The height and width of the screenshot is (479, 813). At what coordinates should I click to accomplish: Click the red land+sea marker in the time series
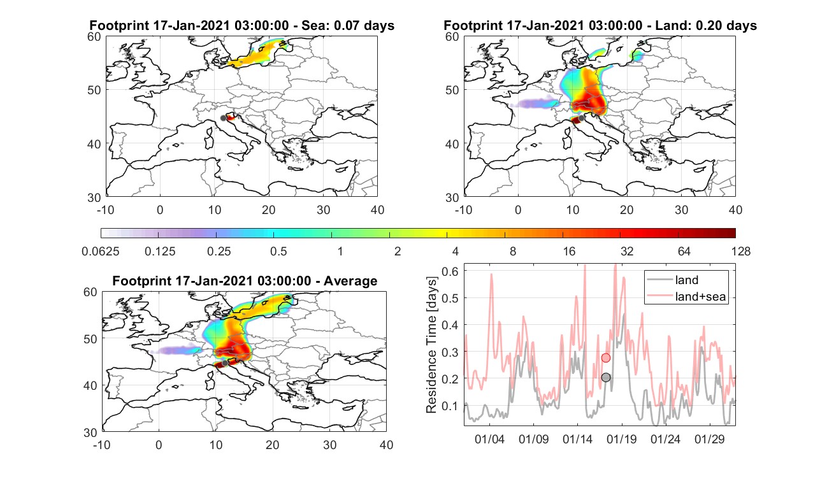click(606, 358)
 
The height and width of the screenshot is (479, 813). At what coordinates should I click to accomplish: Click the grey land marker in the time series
click(606, 377)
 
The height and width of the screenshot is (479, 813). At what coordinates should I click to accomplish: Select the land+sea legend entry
click(686, 296)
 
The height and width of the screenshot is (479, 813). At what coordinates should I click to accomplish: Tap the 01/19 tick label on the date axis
click(622, 439)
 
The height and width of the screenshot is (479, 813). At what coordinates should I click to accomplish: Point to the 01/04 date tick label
click(489, 439)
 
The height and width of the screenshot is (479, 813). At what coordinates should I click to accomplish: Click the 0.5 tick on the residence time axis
click(450, 298)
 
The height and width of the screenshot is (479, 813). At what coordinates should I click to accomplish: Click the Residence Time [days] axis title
click(431, 345)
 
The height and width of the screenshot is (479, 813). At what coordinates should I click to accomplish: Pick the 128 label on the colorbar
click(741, 251)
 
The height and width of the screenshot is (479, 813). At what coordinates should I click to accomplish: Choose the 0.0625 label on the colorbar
click(101, 251)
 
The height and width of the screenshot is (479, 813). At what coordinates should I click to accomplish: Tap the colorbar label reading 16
click(569, 251)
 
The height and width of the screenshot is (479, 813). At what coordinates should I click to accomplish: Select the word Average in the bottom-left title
click(350, 281)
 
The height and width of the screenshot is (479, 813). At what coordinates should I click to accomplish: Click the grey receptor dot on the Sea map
click(223, 118)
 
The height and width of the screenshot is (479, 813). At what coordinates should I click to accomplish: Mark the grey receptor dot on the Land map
click(581, 118)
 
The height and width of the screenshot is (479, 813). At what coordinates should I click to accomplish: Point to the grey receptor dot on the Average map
click(225, 363)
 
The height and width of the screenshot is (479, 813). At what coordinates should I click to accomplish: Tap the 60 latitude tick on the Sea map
click(94, 37)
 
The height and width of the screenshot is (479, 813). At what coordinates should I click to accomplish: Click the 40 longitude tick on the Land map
click(735, 210)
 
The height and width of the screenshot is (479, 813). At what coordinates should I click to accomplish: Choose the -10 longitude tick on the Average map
click(102, 445)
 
